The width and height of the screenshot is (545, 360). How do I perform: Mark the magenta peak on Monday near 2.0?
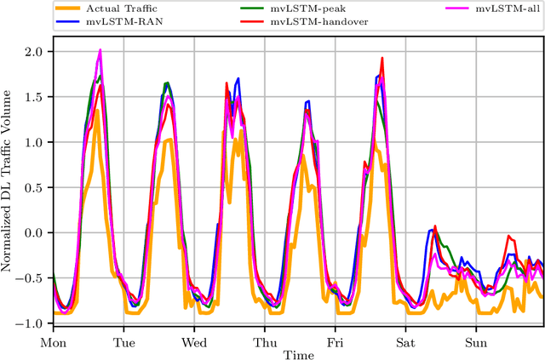[100, 50]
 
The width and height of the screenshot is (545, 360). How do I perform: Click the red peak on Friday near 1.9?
[382, 59]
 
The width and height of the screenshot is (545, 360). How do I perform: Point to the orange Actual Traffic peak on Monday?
[98, 109]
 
